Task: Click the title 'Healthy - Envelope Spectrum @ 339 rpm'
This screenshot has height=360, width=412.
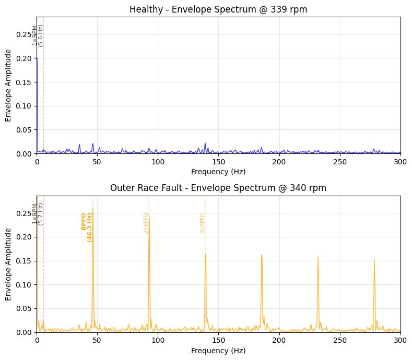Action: pyautogui.click(x=218, y=9)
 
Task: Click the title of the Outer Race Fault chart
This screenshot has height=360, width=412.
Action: pyautogui.click(x=218, y=188)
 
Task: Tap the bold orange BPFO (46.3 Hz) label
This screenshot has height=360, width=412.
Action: pyautogui.click(x=87, y=227)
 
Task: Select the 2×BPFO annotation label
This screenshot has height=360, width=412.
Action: pyautogui.click(x=146, y=223)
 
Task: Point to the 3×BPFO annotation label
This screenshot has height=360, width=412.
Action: pyautogui.click(x=203, y=223)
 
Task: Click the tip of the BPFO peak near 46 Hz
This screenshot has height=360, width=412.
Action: pyautogui.click(x=93, y=208)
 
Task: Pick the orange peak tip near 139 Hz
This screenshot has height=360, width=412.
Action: pyautogui.click(x=205, y=255)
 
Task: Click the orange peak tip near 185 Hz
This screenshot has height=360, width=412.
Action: pyautogui.click(x=262, y=255)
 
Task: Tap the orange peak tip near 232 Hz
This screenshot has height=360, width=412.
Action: pyautogui.click(x=317, y=257)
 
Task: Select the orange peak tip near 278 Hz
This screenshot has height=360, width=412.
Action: pyautogui.click(x=374, y=259)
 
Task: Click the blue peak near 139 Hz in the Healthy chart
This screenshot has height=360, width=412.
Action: pyautogui.click(x=205, y=143)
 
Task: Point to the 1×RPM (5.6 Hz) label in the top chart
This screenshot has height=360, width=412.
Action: pyautogui.click(x=38, y=35)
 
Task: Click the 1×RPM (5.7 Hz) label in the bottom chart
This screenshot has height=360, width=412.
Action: pyautogui.click(x=38, y=214)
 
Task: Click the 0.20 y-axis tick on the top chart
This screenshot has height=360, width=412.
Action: pyautogui.click(x=23, y=58)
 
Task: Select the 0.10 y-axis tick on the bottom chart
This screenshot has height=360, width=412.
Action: pyautogui.click(x=23, y=285)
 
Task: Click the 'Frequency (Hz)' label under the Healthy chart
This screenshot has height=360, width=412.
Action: pyautogui.click(x=218, y=172)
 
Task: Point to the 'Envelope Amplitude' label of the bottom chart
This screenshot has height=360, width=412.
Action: pyautogui.click(x=8, y=264)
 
